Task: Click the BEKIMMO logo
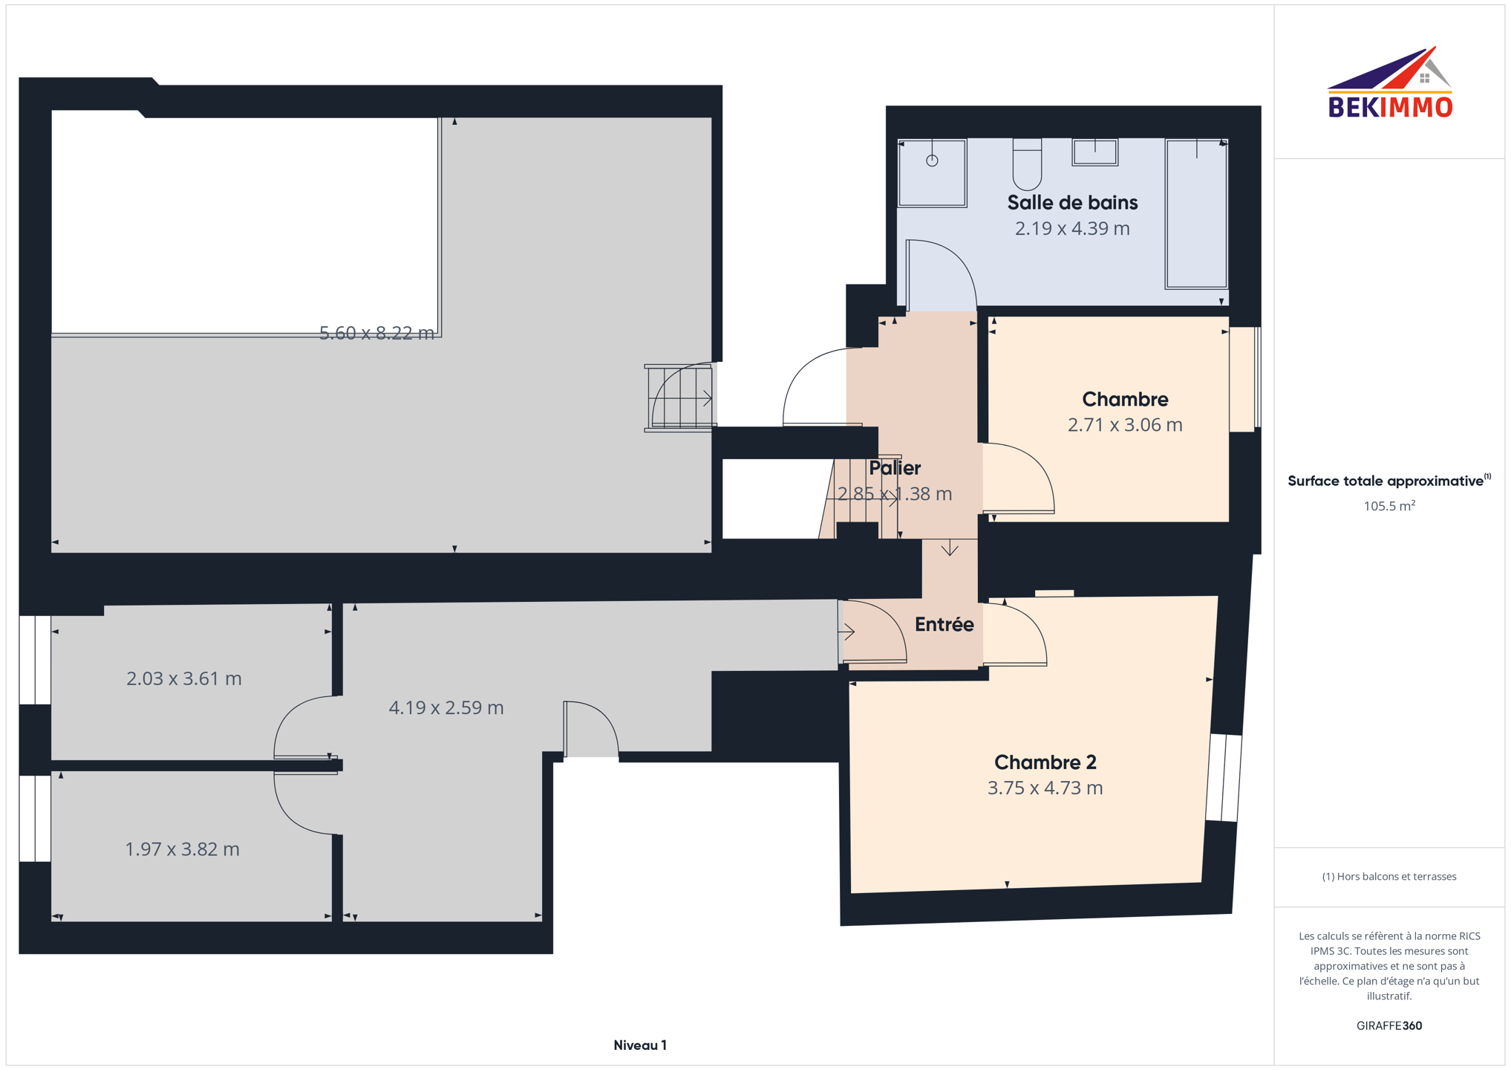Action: pyautogui.click(x=1389, y=82)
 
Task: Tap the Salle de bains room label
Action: pyautogui.click(x=1072, y=202)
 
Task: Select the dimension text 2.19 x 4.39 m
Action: pyautogui.click(x=1072, y=228)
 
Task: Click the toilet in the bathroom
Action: pyautogui.click(x=1028, y=164)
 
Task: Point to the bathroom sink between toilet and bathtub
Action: pyautogui.click(x=1095, y=152)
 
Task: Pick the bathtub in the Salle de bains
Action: pyautogui.click(x=1196, y=213)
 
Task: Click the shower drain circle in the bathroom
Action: pyautogui.click(x=932, y=160)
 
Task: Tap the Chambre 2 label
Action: pyautogui.click(x=1045, y=762)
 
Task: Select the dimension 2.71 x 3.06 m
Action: pyautogui.click(x=1125, y=424)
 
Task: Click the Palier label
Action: pyautogui.click(x=895, y=467)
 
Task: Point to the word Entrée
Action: pyautogui.click(x=944, y=624)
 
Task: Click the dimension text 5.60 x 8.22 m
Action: pyautogui.click(x=376, y=333)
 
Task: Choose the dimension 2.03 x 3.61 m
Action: pyautogui.click(x=184, y=678)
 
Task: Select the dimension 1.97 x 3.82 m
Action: pyautogui.click(x=183, y=849)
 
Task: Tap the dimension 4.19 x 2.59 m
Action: pyautogui.click(x=446, y=707)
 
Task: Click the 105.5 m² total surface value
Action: pyautogui.click(x=1389, y=506)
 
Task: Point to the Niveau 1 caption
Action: pyautogui.click(x=640, y=1045)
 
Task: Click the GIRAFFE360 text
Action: pyautogui.click(x=1389, y=1025)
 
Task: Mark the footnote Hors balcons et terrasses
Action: pyautogui.click(x=1389, y=877)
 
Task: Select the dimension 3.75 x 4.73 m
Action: pyautogui.click(x=1045, y=788)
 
